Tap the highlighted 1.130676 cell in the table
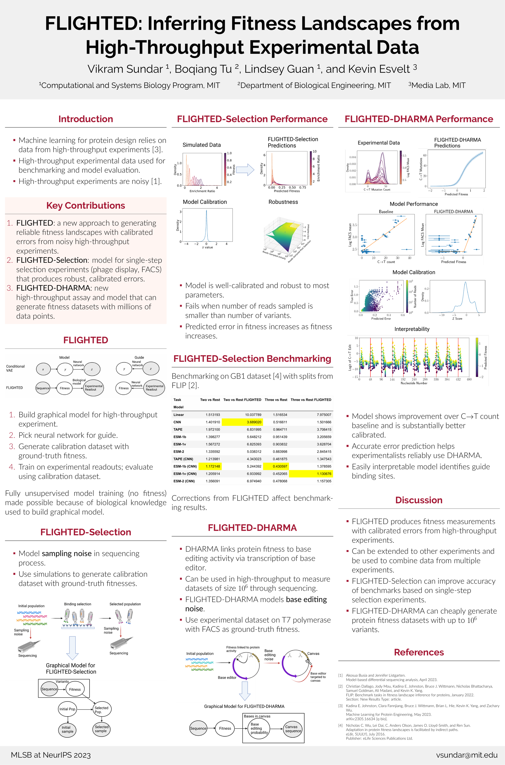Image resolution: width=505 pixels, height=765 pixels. coord(311,474)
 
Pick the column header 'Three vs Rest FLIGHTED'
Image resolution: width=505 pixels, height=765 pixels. coord(311,400)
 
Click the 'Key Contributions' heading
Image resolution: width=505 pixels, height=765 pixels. coord(86,206)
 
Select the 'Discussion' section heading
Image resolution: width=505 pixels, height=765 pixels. coord(419,500)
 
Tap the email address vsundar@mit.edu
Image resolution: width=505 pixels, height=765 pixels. coord(467,755)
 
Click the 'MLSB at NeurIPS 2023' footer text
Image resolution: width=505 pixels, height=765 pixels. coord(51,755)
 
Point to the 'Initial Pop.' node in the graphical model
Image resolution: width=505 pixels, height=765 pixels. coord(67,709)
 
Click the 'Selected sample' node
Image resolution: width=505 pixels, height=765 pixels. coord(101,729)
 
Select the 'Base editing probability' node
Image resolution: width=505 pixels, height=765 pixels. coord(259,728)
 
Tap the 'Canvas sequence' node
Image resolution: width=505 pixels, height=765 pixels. coord(293,729)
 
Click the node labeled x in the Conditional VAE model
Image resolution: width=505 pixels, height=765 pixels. coord(43,369)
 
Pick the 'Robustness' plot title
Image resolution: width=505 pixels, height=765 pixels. coord(283,202)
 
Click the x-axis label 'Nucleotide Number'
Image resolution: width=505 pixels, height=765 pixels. coord(414,383)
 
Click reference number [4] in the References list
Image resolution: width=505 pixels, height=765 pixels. coord(340,725)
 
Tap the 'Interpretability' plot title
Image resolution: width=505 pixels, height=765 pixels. coord(412,329)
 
